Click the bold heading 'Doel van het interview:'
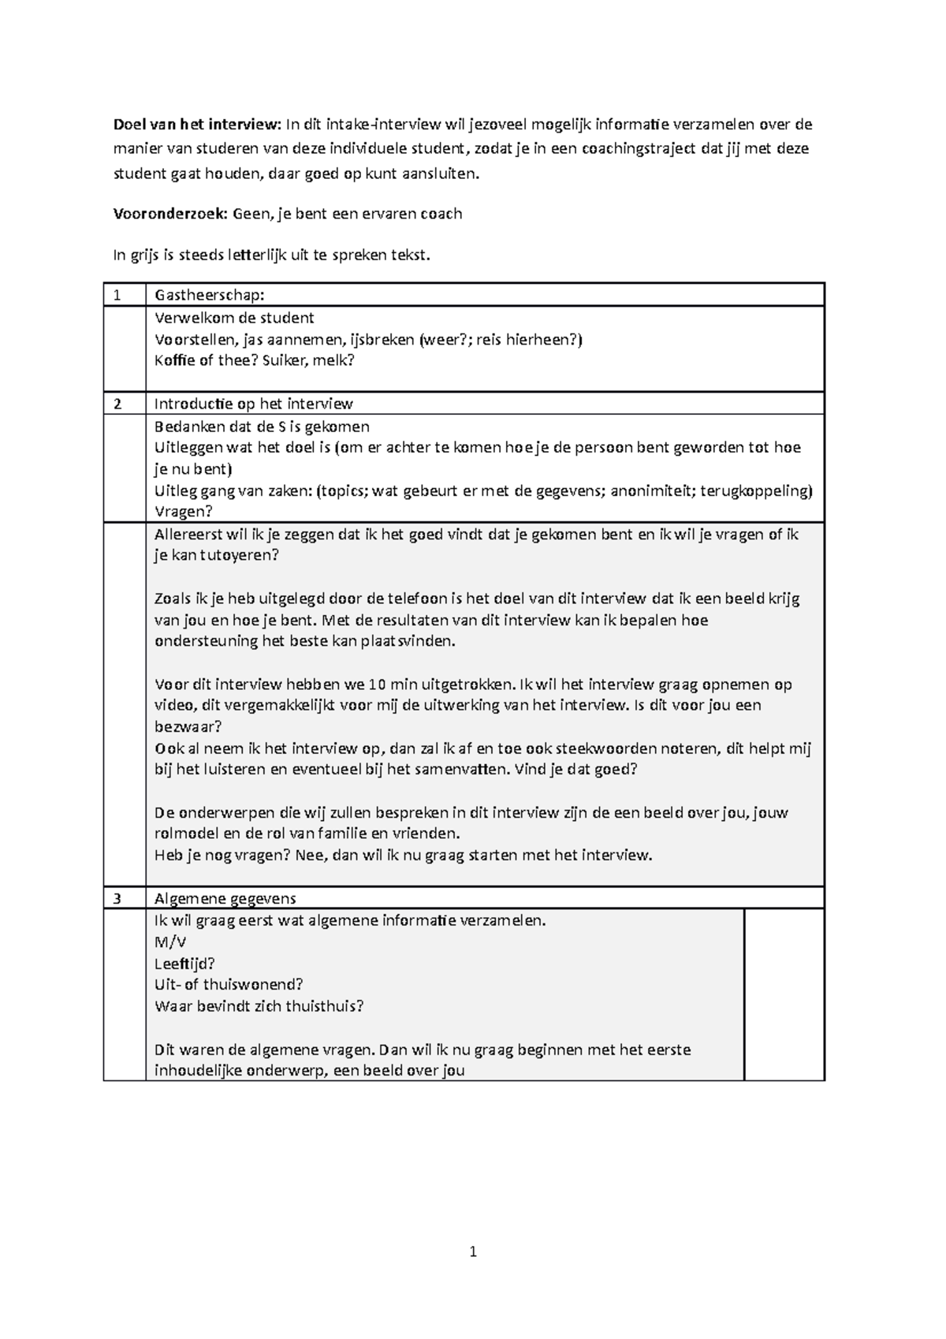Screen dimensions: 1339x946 (x=197, y=124)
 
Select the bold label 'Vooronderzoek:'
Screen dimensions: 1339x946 (x=166, y=214)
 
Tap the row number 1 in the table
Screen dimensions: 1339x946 (x=117, y=296)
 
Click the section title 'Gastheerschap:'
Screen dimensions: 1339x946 (x=210, y=296)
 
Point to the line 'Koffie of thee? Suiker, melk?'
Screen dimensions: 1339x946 (x=255, y=360)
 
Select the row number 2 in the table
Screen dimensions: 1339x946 (x=117, y=405)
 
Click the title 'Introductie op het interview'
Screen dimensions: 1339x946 (x=253, y=405)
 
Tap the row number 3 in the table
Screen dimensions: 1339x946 (x=117, y=899)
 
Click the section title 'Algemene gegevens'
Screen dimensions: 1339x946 (x=225, y=899)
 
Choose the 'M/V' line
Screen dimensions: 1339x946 (x=170, y=942)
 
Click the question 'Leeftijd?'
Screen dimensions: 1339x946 (x=185, y=964)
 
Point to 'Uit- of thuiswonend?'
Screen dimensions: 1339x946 (x=229, y=985)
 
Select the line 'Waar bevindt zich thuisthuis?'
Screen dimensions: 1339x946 (x=259, y=1006)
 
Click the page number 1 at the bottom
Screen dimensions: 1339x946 (x=473, y=1251)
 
